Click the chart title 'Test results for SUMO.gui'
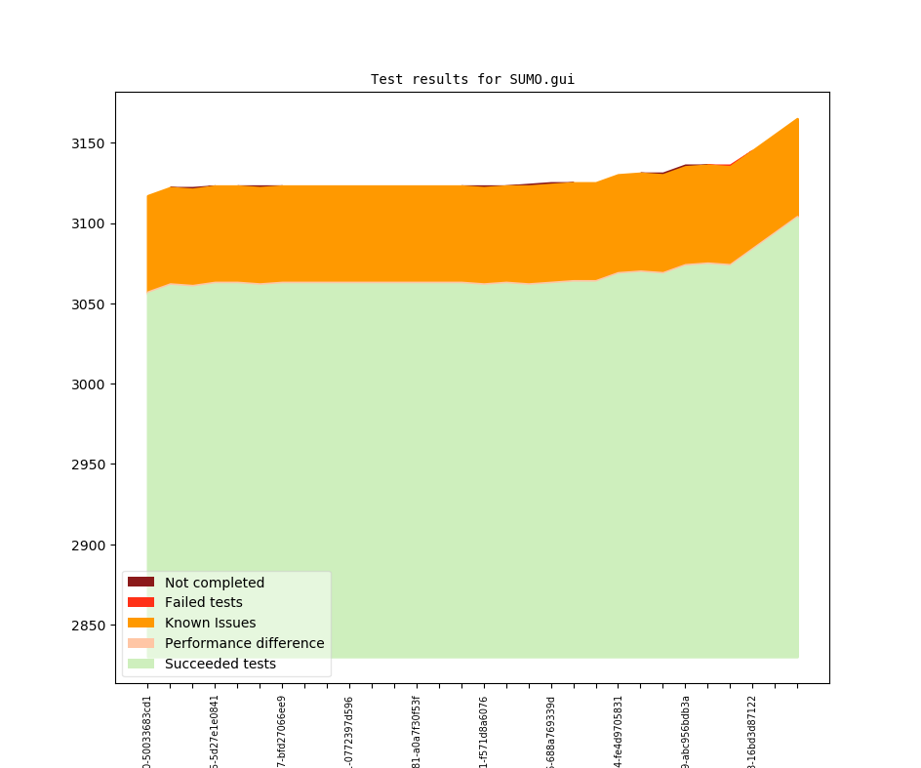(472, 79)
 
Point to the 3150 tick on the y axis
(91, 143)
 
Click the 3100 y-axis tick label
(91, 224)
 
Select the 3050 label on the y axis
(91, 304)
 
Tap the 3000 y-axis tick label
(91, 384)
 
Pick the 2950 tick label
(91, 465)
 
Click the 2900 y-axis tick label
(91, 546)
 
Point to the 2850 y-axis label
(91, 626)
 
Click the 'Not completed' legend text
(214, 583)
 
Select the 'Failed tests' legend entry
(203, 603)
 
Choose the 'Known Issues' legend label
(210, 624)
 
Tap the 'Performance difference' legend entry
(244, 644)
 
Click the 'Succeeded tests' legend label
(220, 665)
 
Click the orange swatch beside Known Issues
(140, 624)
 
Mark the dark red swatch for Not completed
(140, 583)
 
